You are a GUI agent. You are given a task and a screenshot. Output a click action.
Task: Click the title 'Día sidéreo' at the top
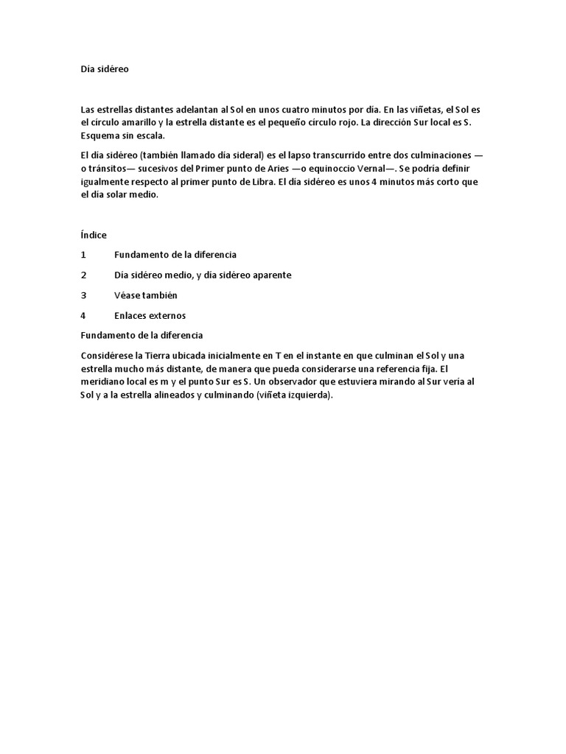click(104, 69)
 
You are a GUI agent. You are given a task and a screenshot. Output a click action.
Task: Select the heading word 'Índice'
click(94, 235)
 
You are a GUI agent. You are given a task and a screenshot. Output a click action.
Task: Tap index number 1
click(84, 255)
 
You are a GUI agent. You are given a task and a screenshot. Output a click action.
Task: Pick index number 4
click(84, 316)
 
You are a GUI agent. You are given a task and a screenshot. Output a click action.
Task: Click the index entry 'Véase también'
click(146, 295)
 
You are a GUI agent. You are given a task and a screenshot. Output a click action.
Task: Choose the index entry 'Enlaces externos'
click(150, 316)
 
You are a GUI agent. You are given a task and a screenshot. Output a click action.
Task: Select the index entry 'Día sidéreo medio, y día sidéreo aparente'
click(203, 275)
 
